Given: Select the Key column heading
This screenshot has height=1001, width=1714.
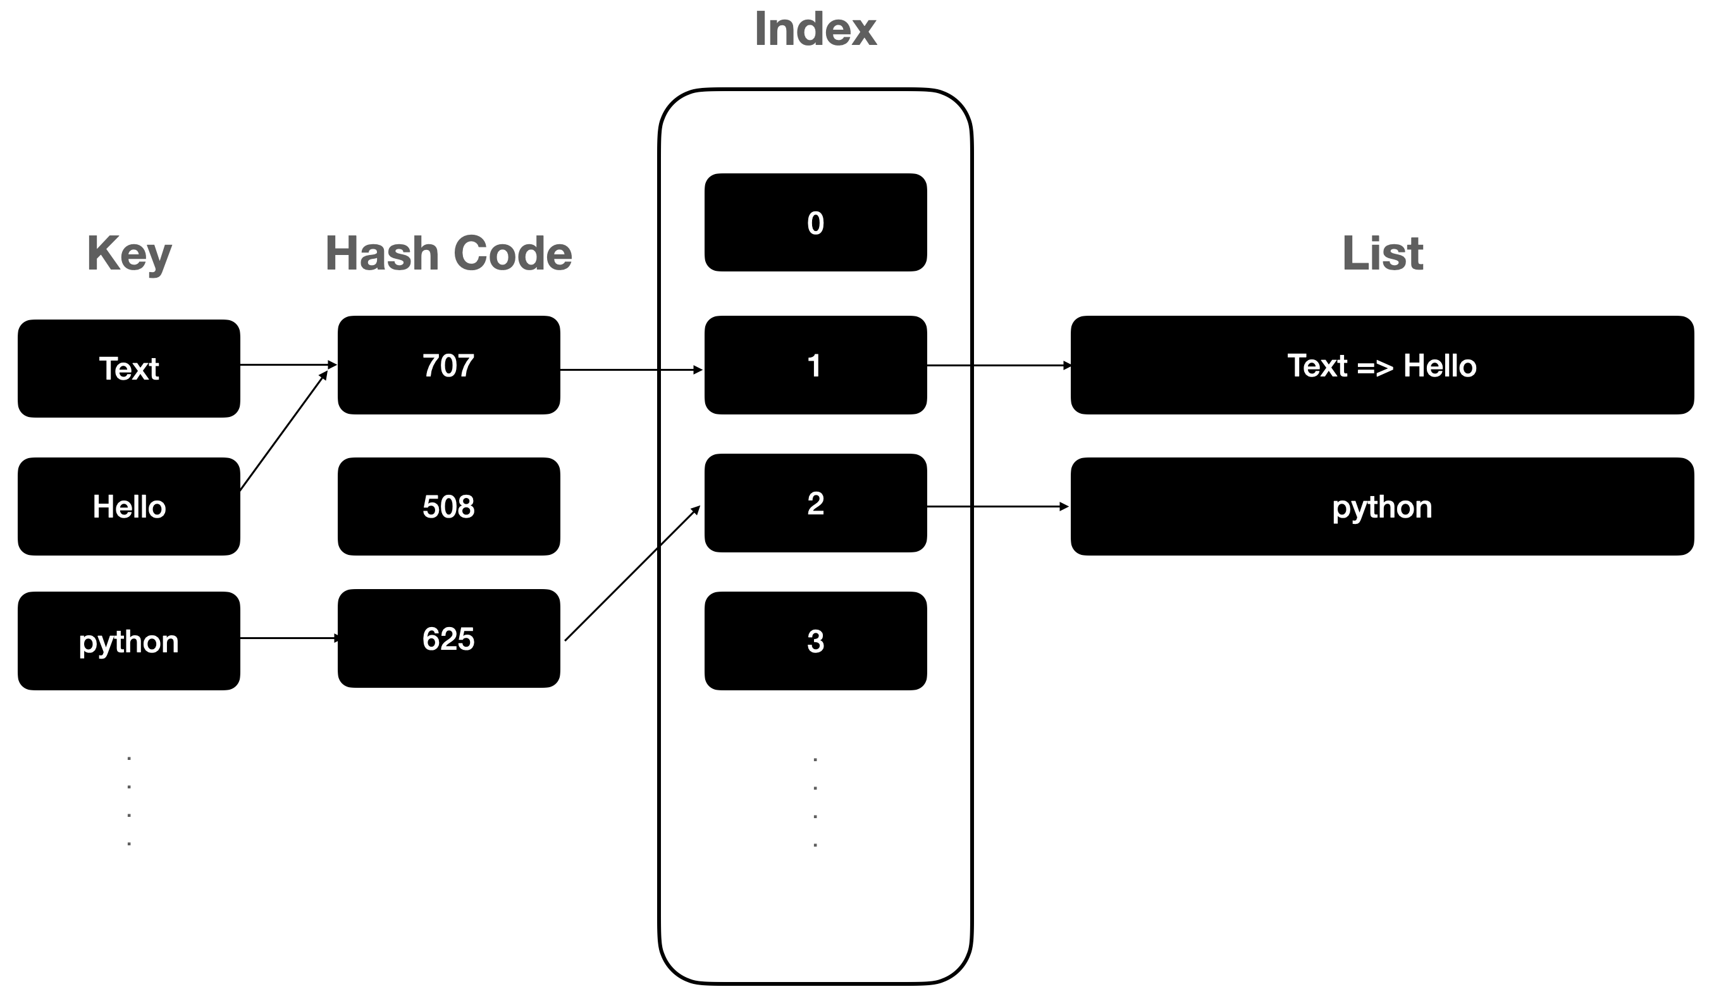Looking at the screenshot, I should click(129, 254).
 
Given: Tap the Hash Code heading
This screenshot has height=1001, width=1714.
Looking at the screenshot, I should click(449, 254).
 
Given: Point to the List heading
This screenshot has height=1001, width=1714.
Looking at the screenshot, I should click(1382, 254).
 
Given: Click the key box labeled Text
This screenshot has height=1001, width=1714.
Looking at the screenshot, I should click(128, 369).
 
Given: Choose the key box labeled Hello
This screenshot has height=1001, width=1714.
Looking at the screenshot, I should click(128, 507).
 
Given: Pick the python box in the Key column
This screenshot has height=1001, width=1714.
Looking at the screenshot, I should click(128, 642).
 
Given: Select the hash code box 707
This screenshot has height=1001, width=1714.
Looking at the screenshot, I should click(449, 366).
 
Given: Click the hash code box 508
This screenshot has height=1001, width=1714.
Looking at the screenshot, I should click(449, 507).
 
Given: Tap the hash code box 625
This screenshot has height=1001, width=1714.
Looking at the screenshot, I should click(449, 639).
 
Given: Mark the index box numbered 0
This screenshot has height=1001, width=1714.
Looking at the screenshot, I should click(815, 223).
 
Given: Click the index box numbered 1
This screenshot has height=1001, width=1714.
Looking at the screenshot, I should click(815, 366).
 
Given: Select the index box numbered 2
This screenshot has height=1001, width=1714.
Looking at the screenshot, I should click(815, 504).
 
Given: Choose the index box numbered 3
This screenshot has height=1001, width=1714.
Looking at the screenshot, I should click(815, 642).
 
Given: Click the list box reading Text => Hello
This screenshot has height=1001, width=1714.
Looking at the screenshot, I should click(1382, 366).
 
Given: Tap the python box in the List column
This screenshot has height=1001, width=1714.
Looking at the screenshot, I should click(1382, 507).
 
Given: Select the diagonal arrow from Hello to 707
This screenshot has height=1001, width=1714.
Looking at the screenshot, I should click(283, 431).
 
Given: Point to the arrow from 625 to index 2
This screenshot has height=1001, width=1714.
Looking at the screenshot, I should click(632, 573).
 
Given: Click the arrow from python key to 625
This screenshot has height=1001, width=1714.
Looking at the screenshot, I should click(289, 638).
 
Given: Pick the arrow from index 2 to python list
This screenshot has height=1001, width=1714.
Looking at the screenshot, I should click(998, 507).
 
